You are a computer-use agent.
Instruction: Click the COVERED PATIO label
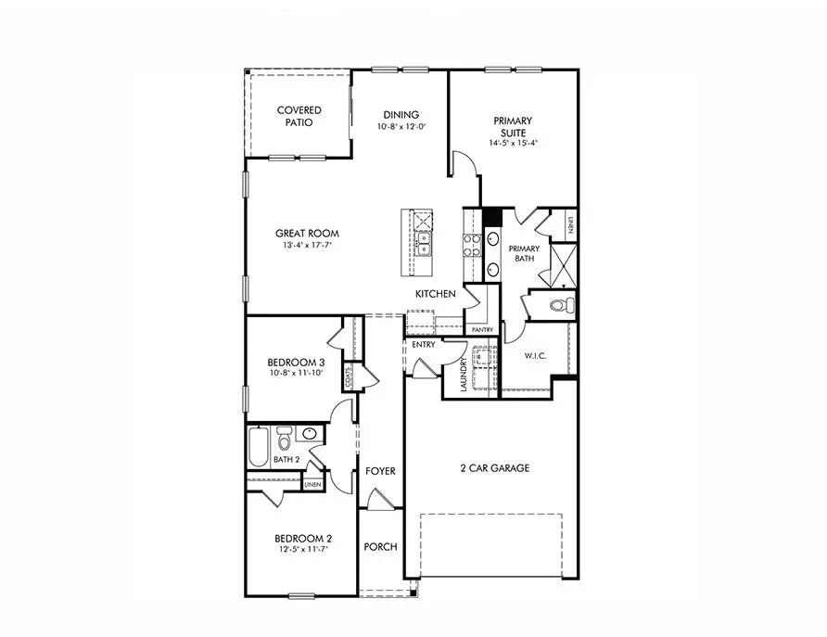coord(299,116)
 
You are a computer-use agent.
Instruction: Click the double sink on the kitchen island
coord(423,244)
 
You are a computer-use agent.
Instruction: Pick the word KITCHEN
coord(435,294)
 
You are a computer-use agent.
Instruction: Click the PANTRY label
coord(482,330)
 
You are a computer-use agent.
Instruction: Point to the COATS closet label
coord(350,377)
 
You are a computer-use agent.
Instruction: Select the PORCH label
coord(380,547)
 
